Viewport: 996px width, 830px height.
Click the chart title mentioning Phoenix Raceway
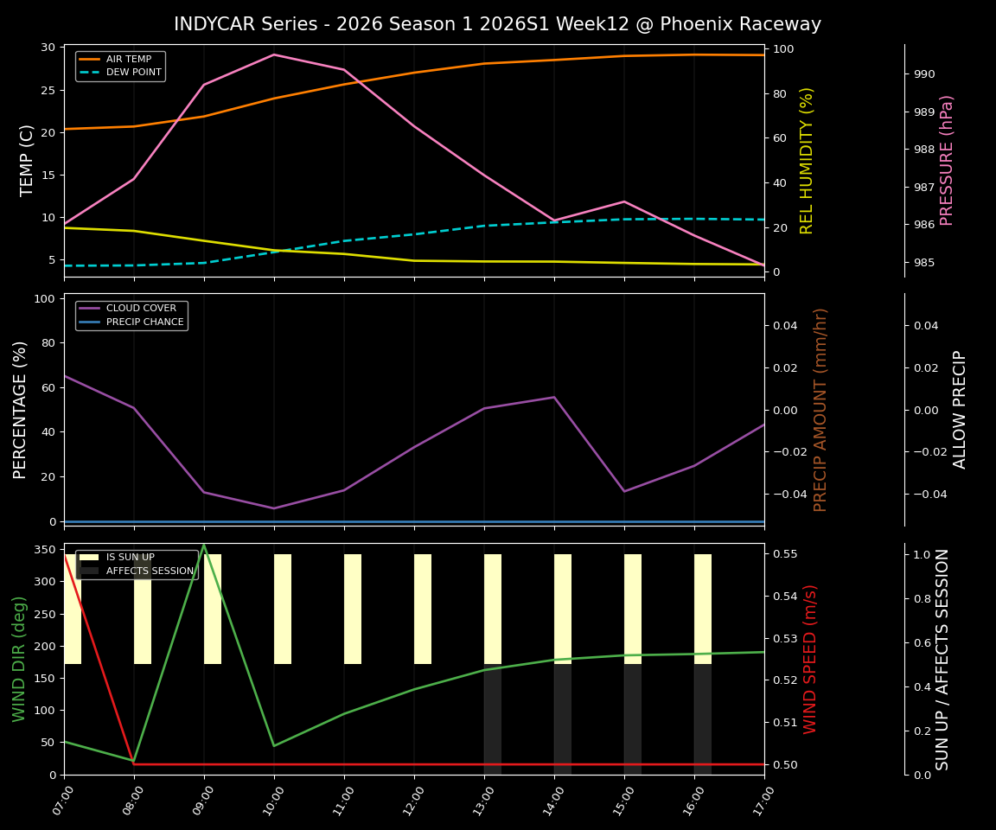click(497, 24)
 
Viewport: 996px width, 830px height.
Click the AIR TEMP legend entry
click(129, 59)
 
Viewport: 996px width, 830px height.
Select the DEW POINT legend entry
click(133, 73)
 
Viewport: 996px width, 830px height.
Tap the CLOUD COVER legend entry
click(141, 309)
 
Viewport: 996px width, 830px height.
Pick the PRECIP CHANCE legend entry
click(144, 322)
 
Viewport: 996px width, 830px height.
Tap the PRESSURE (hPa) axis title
click(947, 160)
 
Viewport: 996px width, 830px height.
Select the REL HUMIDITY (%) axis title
click(807, 160)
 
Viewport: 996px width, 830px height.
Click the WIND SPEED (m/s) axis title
click(810, 659)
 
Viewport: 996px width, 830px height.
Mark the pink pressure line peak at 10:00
click(274, 54)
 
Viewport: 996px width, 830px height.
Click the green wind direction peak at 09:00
click(204, 545)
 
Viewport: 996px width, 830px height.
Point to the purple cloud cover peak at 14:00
click(554, 397)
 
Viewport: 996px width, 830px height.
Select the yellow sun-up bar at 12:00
click(423, 609)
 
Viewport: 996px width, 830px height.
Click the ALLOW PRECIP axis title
click(960, 409)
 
